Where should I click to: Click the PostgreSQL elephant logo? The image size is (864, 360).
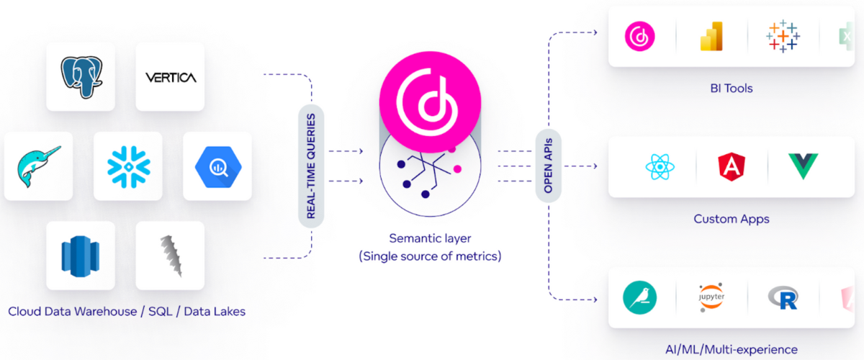pyautogui.click(x=80, y=76)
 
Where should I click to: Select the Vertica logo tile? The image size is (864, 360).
pyautogui.click(x=170, y=77)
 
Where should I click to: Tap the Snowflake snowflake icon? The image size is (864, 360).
pyautogui.click(x=128, y=166)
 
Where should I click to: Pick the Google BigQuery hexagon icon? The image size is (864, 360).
pyautogui.click(x=217, y=166)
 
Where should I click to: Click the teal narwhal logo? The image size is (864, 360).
pyautogui.click(x=38, y=166)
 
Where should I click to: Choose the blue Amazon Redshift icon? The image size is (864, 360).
pyautogui.click(x=80, y=256)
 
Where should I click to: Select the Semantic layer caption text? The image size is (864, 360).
pyautogui.click(x=430, y=238)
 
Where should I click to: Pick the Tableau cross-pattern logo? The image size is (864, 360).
pyautogui.click(x=783, y=35)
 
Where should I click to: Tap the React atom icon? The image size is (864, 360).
pyautogui.click(x=660, y=166)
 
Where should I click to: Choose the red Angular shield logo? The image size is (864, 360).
pyautogui.click(x=731, y=166)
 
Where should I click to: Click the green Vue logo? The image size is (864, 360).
pyautogui.click(x=802, y=166)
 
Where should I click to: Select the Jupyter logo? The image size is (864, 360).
pyautogui.click(x=711, y=297)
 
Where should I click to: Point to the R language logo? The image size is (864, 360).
pyautogui.click(x=783, y=297)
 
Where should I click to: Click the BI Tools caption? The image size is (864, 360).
pyautogui.click(x=731, y=89)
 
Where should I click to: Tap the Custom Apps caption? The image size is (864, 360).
pyautogui.click(x=731, y=219)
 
